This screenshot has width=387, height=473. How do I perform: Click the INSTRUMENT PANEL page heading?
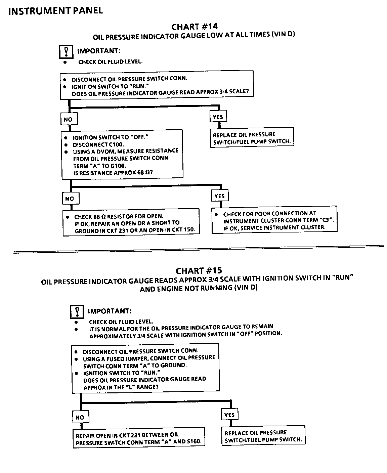tap(56, 11)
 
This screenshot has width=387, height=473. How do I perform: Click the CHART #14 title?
tap(195, 27)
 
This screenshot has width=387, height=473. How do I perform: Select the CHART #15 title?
tap(199, 271)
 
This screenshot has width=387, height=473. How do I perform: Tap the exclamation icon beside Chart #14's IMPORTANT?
tap(66, 51)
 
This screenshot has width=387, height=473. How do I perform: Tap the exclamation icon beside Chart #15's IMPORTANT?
tap(77, 312)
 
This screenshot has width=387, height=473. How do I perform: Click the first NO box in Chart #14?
tap(68, 119)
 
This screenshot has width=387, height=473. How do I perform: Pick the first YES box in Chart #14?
tap(218, 117)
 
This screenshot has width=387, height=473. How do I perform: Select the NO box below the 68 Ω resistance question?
tap(70, 199)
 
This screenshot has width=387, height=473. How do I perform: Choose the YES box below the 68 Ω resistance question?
tap(219, 196)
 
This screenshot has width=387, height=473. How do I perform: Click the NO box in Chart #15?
tap(80, 418)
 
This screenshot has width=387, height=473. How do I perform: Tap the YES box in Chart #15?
tap(229, 415)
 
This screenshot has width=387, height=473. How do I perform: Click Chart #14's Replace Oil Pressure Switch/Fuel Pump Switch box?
tap(252, 138)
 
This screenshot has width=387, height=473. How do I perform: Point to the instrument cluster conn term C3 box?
tap(274, 220)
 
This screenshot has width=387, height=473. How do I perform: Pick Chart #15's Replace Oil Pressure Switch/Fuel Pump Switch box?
tap(263, 436)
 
